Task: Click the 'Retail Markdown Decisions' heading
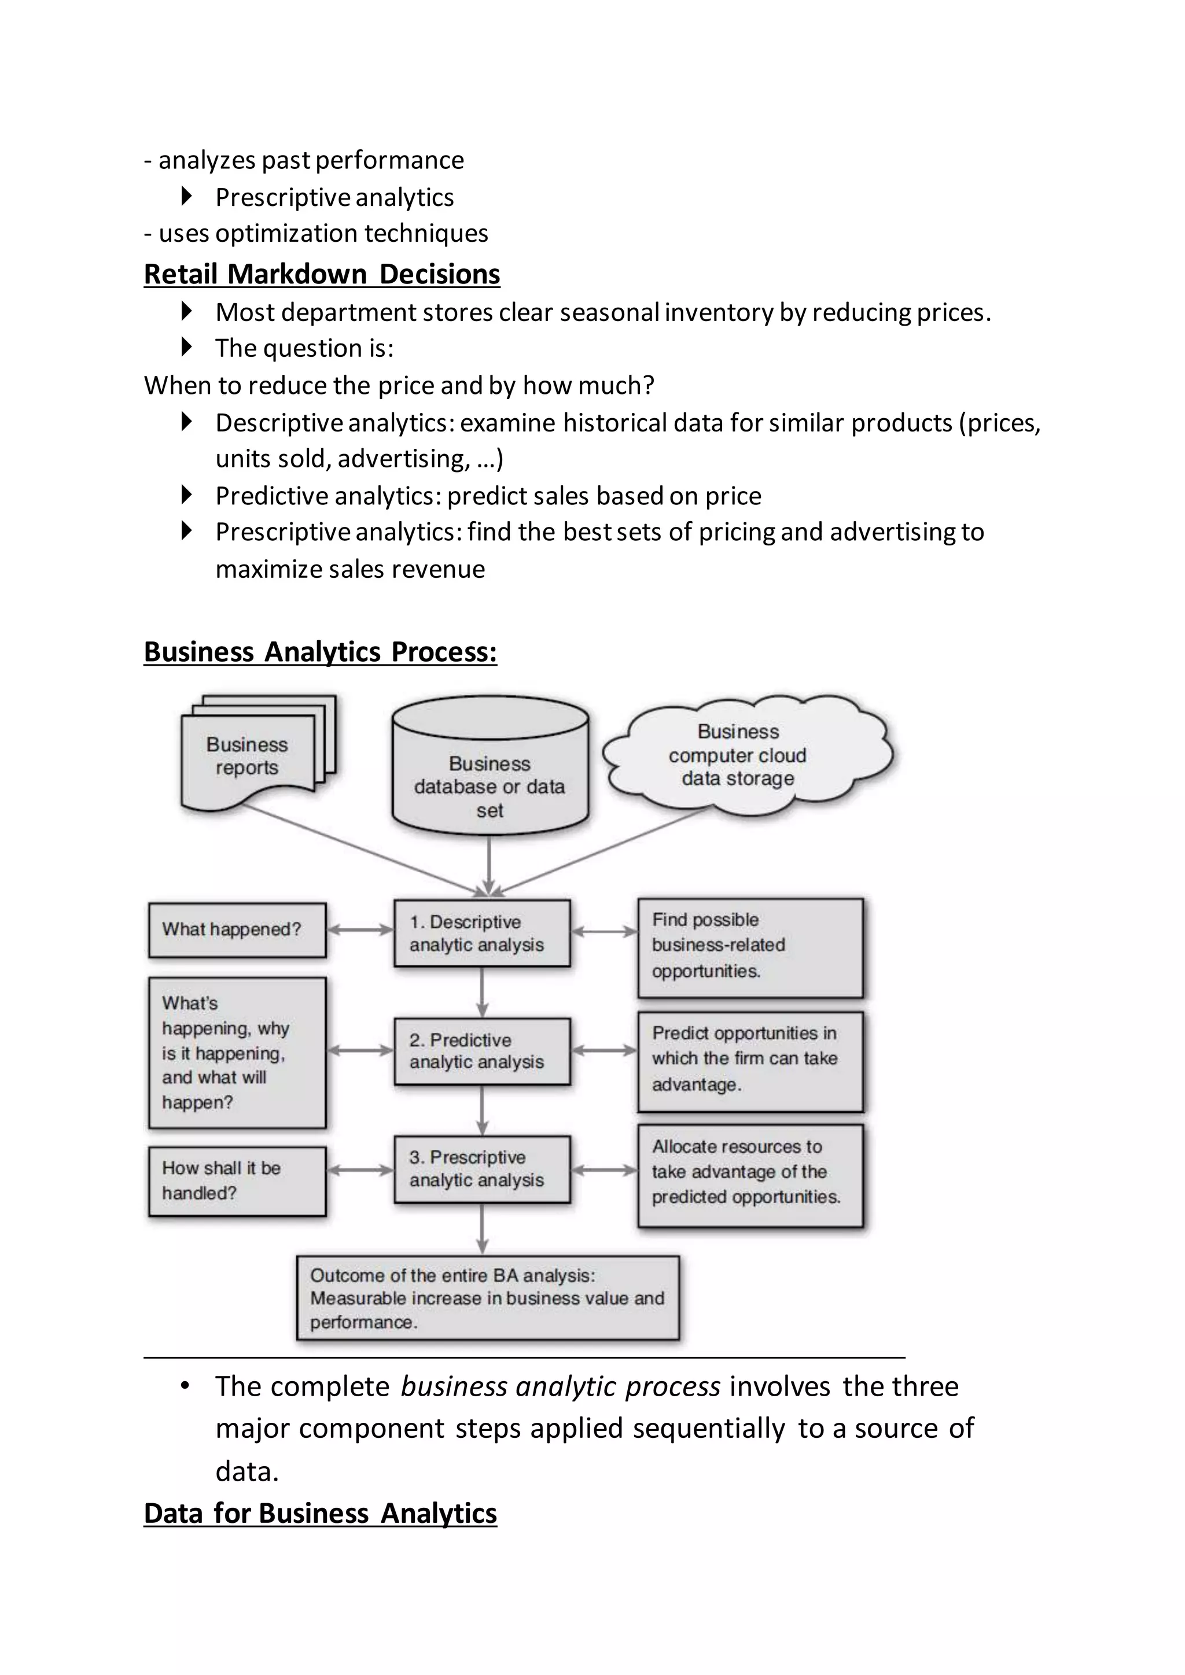[321, 274]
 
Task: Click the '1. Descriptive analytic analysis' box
[481, 933]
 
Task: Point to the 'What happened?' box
[237, 929]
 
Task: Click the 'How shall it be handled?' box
[237, 1180]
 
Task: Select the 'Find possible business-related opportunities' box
[750, 947]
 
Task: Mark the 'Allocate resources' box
[750, 1175]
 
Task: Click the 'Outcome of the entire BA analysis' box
[487, 1298]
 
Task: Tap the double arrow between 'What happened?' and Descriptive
[360, 929]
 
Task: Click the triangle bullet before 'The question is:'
[187, 347]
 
